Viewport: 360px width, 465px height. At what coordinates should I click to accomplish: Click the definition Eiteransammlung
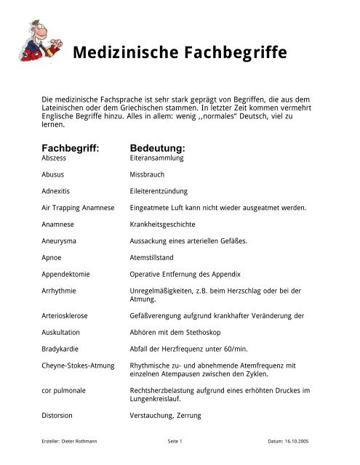point(156,157)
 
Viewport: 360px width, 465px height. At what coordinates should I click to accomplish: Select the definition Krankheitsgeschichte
point(163,225)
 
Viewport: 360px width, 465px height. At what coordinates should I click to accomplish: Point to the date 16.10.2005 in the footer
point(300,441)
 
